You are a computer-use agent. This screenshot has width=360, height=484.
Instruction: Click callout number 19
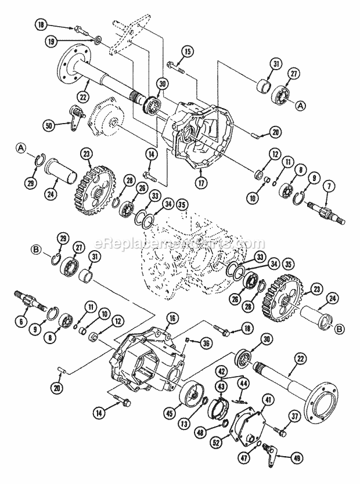tap(53, 42)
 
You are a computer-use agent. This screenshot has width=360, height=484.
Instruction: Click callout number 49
tap(297, 457)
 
